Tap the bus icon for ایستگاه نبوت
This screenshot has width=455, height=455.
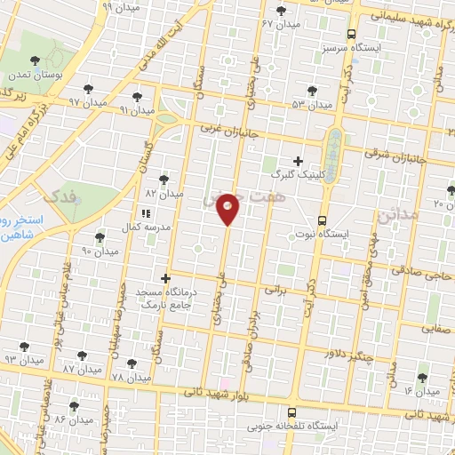coord(322,221)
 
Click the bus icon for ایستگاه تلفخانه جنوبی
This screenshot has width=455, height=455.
coord(291,412)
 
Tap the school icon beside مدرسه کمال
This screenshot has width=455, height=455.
coord(145,213)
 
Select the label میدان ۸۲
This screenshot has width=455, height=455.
coord(170,193)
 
